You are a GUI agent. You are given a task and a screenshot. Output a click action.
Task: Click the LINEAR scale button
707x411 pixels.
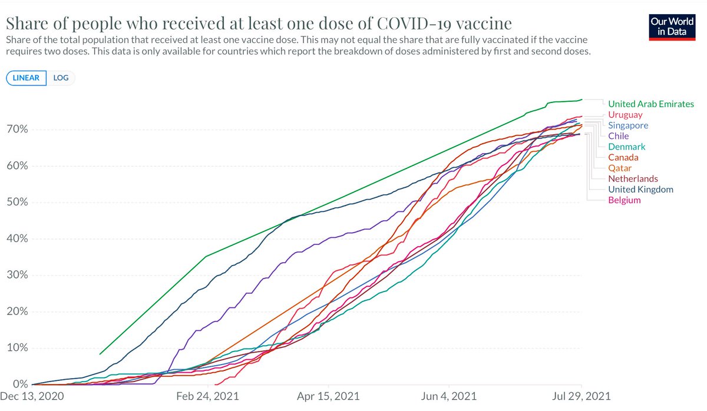coord(26,78)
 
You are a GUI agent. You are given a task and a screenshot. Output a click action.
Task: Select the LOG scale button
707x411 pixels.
coord(61,78)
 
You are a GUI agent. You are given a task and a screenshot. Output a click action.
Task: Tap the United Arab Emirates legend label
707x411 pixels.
coord(651,104)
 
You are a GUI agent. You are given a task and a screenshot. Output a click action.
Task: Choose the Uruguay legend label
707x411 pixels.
coord(625,115)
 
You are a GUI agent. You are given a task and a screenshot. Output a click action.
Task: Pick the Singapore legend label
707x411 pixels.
coord(628,125)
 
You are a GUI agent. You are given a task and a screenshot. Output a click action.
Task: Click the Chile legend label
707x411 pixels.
coord(618,136)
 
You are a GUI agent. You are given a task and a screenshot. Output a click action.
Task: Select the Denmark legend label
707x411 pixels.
coord(626,147)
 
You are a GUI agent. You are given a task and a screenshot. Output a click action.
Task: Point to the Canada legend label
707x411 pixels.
coord(623,157)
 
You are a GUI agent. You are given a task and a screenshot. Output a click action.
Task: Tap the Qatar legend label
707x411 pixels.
coord(620,168)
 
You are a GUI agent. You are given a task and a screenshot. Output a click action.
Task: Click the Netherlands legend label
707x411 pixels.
coord(633,178)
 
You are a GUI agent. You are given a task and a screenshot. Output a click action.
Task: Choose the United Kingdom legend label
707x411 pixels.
coord(640,189)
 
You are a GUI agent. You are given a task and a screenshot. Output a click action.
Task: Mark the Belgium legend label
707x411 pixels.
coord(624,200)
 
